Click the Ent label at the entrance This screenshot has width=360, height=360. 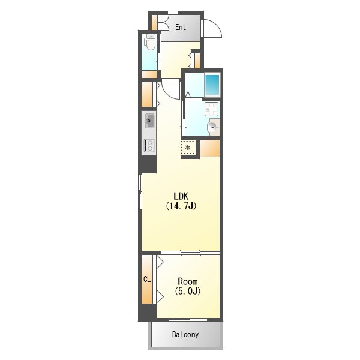coord(181,27)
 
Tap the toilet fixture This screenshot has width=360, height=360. coord(150,42)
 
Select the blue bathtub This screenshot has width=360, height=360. coord(212,85)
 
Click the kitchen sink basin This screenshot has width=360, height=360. coord(149,121)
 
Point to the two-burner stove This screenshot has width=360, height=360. coord(149,145)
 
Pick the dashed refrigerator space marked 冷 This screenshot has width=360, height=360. coord(188,147)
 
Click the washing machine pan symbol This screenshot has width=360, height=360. coord(211,109)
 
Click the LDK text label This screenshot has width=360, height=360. coord(181,196)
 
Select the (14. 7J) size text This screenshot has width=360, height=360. coord(181,206)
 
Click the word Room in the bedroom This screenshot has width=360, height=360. coord(188,281)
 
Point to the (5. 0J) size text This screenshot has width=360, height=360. coord(188,291)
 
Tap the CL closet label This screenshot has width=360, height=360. coord(147,279)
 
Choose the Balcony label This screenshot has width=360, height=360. coord(185,335)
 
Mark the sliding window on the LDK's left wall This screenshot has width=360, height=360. coord(140,192)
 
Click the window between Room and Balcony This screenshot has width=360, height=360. coord(188,320)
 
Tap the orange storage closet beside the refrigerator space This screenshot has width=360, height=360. coord(209,148)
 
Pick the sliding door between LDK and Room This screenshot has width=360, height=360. coord(191,253)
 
